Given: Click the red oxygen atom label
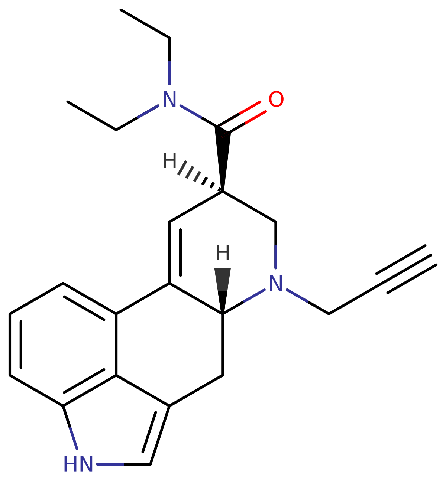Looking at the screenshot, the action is pyautogui.click(x=276, y=99).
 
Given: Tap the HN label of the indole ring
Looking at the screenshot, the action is pyautogui.click(x=78, y=464).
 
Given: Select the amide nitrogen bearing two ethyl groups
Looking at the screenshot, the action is pyautogui.click(x=169, y=99).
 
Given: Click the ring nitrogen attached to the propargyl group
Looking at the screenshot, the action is pyautogui.click(x=276, y=283).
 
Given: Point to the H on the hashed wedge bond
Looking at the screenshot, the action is pyautogui.click(x=169, y=160).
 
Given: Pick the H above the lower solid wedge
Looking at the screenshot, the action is pyautogui.click(x=223, y=252).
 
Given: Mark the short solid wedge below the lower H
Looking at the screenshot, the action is pyautogui.click(x=223, y=291).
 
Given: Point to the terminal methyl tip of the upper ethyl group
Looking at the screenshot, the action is pyautogui.click(x=121, y=10).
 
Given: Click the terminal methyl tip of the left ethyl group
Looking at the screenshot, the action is pyautogui.click(x=68, y=102).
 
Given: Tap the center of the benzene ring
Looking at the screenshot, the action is pyautogui.click(x=63, y=345).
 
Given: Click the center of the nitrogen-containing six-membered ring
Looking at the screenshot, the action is pyautogui.click(x=223, y=253).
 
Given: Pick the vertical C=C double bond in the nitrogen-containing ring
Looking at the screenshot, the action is pyautogui.click(x=175, y=252).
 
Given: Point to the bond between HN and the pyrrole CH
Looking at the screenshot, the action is pyautogui.click(x=124, y=464).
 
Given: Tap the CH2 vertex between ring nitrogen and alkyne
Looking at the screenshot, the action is pyautogui.click(x=329, y=314).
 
